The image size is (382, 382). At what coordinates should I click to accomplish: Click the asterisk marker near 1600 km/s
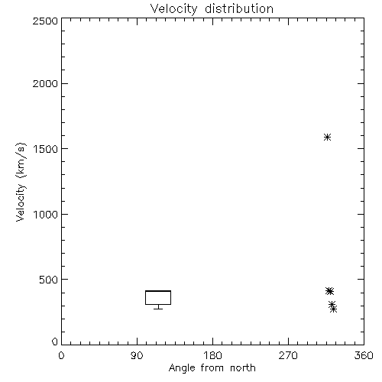coord(327,138)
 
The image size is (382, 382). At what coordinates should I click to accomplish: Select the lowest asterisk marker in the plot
coord(334,309)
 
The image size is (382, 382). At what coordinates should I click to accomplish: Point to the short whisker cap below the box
coord(158,309)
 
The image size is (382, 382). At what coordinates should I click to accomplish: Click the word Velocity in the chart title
coord(174,9)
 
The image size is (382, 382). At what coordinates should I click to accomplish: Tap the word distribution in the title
coord(239,8)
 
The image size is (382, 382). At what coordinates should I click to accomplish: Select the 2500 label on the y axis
coord(45,21)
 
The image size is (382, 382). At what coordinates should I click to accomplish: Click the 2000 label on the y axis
coord(45,83)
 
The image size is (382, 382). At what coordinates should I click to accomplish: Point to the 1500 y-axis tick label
coord(46,149)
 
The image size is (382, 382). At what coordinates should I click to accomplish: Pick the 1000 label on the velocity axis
coord(46,215)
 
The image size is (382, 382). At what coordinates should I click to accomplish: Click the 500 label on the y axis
coord(49,280)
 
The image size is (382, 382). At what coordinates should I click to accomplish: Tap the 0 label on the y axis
coord(55,342)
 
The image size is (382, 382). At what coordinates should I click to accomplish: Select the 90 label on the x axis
coord(137,355)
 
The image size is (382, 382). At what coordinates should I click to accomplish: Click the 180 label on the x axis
coord(212,355)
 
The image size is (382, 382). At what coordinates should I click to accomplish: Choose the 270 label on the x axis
coord(288,355)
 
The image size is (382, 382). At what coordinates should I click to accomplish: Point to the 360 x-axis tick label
coord(364,355)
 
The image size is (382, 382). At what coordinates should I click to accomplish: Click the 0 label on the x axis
coord(61,355)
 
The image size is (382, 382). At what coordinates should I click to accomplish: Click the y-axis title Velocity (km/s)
coord(21,182)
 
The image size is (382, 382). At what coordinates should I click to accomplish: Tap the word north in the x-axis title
coord(243,368)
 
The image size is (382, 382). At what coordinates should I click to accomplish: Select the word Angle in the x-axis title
coord(182,368)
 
